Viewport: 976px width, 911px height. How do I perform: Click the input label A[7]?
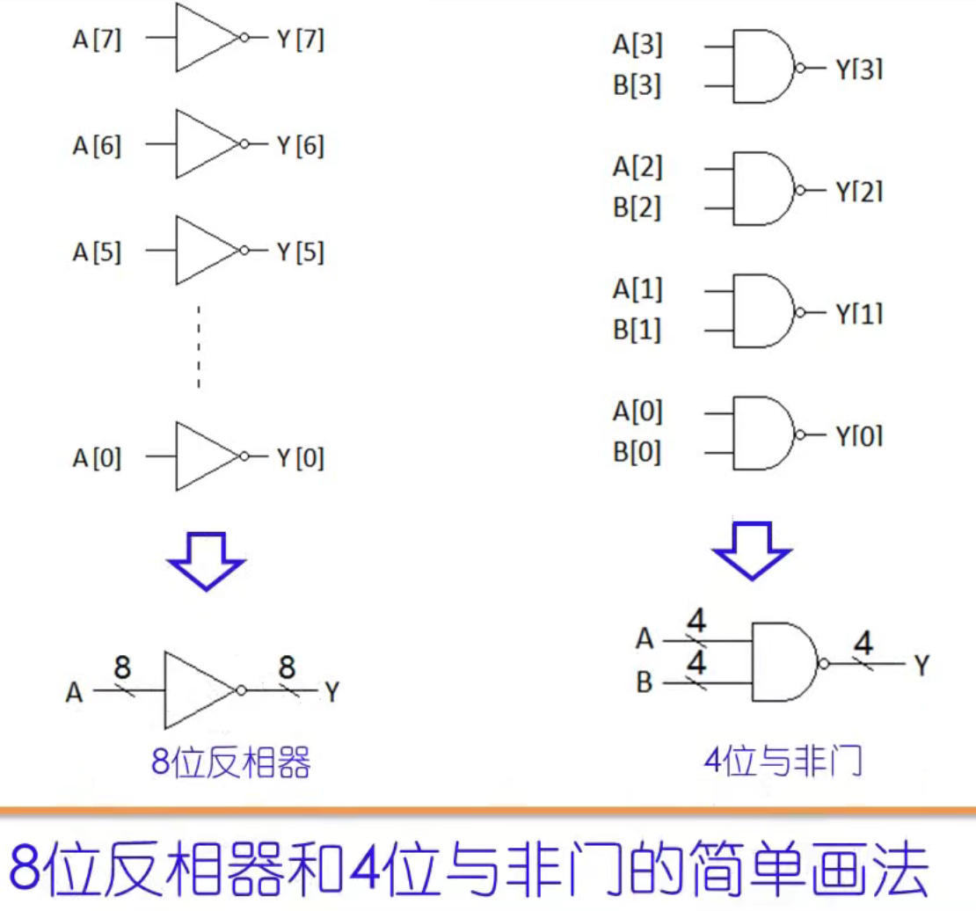click(97, 40)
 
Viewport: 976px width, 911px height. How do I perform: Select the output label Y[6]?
click(300, 146)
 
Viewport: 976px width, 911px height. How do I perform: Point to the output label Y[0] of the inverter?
click(300, 458)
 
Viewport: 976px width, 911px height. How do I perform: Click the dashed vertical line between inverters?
click(199, 347)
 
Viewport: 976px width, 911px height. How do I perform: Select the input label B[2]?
click(637, 208)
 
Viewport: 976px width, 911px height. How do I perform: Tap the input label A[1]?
click(637, 289)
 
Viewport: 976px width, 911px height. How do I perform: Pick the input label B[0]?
click(637, 453)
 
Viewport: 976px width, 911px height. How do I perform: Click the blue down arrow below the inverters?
click(207, 560)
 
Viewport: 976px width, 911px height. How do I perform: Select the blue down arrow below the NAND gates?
click(752, 550)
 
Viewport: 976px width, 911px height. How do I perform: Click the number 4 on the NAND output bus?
click(864, 644)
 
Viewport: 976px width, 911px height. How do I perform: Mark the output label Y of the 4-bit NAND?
click(920, 666)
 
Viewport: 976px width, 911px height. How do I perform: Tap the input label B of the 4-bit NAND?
click(645, 682)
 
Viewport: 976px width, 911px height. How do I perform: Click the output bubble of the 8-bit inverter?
click(241, 691)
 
